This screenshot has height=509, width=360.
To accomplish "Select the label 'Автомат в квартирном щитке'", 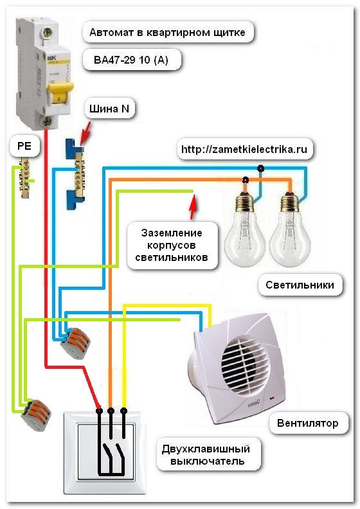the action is tap(168, 32).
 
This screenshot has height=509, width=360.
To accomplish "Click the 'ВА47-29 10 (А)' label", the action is tap(130, 60).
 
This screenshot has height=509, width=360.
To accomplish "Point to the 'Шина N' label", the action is tap(109, 109).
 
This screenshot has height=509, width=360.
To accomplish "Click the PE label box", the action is tap(24, 146).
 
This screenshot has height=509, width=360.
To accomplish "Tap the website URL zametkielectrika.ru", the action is tap(244, 149).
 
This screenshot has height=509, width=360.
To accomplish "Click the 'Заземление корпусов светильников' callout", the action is tap(172, 245).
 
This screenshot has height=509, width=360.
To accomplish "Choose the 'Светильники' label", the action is tap(300, 285).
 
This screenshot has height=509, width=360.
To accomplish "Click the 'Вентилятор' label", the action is tap(308, 424).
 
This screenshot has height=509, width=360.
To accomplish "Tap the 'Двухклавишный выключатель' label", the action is tap(206, 455).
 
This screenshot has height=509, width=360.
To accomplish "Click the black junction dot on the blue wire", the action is tap(260, 168).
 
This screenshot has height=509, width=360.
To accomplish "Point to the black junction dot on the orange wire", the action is tap(246, 179).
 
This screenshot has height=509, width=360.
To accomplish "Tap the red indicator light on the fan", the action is tap(271, 397).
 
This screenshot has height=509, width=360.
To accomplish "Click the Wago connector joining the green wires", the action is tap(37, 415).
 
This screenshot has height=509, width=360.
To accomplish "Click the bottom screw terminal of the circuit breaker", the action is tap(47, 121).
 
